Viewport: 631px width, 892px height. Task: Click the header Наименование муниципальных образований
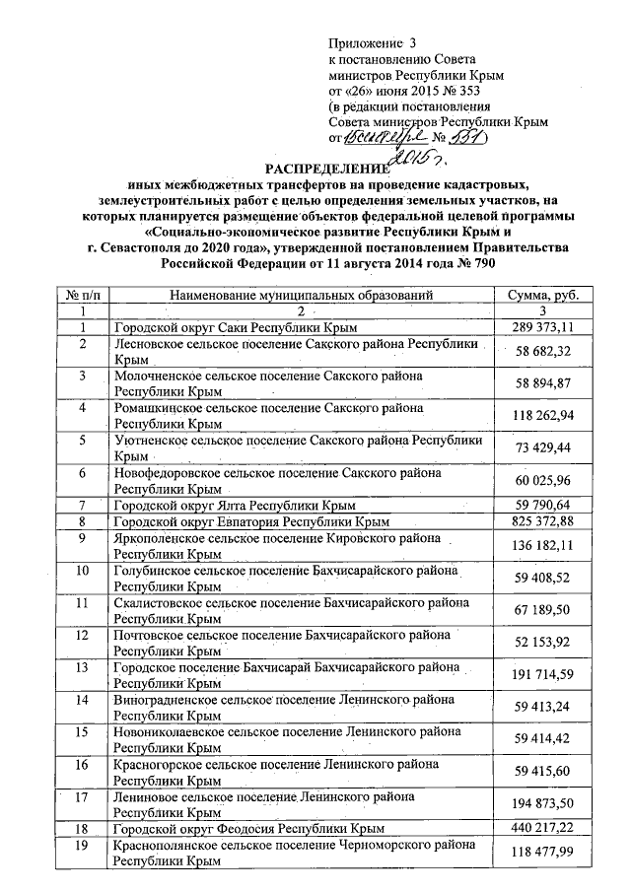click(x=301, y=295)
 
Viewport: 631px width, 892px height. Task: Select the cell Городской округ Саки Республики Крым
click(x=233, y=326)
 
